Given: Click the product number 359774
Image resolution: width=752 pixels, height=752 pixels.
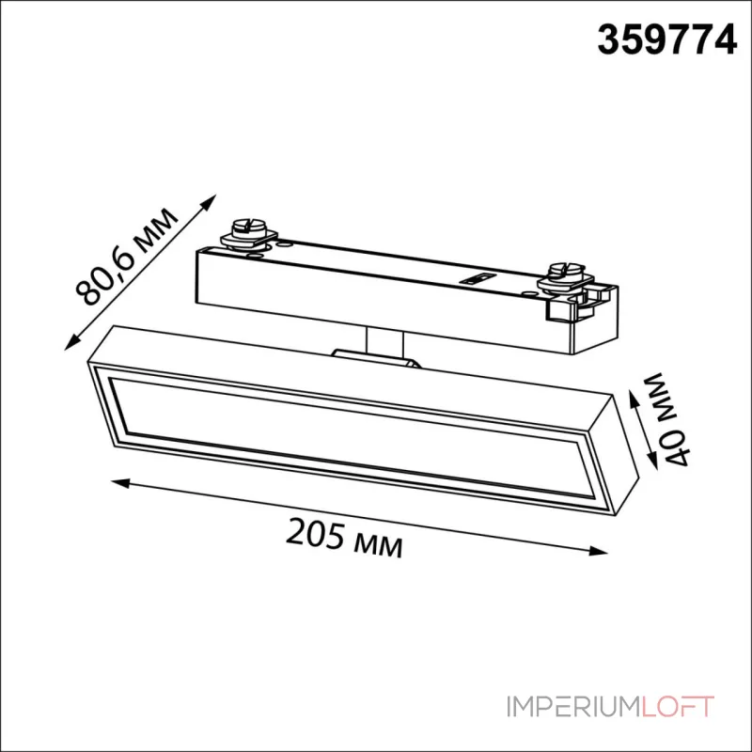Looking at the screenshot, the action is pyautogui.click(x=666, y=40).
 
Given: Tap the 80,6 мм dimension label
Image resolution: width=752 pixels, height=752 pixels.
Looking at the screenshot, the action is pyautogui.click(x=127, y=257).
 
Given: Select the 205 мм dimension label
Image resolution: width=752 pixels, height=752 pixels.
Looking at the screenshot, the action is pyautogui.click(x=344, y=540).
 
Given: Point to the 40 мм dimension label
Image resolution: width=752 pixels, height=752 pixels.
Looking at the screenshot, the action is pyautogui.click(x=667, y=418).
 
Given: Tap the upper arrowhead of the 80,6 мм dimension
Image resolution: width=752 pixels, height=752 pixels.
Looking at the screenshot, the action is pyautogui.click(x=209, y=201).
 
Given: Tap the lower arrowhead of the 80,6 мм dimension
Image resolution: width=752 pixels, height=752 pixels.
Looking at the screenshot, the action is pyautogui.click(x=72, y=342).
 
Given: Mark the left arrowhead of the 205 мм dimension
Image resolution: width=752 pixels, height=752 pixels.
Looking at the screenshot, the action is pyautogui.click(x=120, y=482).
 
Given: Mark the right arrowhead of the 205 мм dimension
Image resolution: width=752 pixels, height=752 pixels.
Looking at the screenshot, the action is pyautogui.click(x=598, y=552).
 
